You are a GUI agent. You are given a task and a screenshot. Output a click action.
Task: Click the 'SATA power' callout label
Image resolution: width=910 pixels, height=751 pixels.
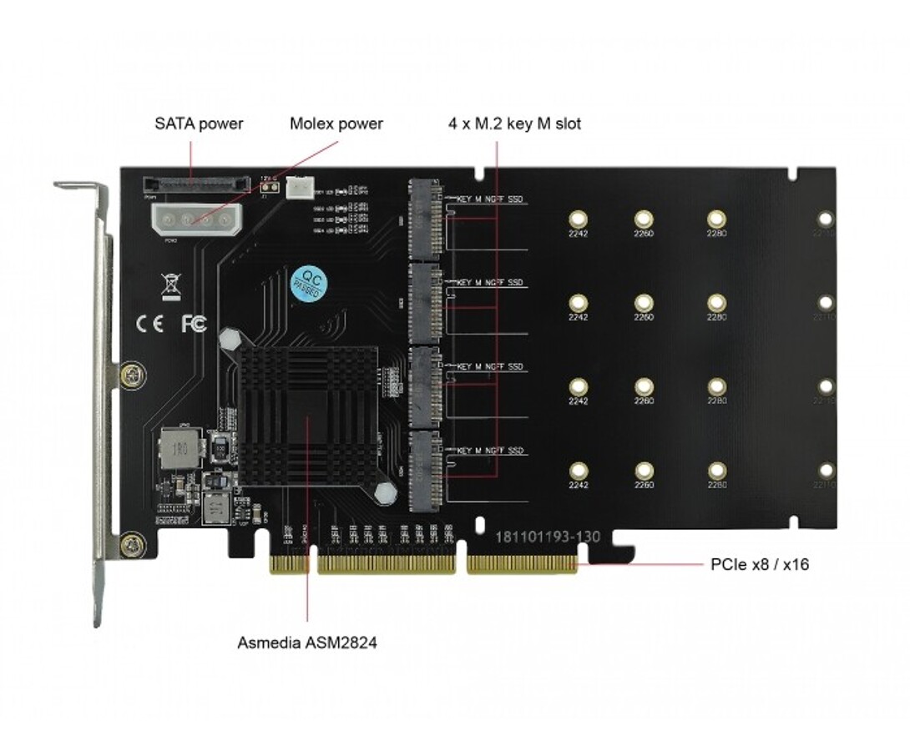pos(199,124)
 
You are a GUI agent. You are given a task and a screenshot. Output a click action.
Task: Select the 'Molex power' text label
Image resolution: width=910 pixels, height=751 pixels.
pos(336,124)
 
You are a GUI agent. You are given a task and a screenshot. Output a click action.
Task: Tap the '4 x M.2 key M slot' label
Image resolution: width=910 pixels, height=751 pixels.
pos(513,124)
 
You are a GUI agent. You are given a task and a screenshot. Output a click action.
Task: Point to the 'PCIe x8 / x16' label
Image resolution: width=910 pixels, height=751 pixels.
pos(759,565)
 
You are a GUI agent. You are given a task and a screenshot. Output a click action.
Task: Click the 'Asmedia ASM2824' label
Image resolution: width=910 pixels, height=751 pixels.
pos(306,643)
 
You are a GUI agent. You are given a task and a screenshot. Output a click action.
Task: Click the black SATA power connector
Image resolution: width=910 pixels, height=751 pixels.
pos(197,183)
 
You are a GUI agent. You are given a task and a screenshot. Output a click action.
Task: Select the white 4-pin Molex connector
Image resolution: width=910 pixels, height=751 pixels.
pos(191,219)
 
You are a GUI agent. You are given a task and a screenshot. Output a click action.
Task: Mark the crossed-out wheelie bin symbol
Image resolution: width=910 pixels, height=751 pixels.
pos(170,285)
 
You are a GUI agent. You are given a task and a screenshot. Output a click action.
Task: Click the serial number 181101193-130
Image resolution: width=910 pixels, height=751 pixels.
pos(548,537)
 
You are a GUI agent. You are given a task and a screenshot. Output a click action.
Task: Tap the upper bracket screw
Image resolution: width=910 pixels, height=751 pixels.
pos(131,375)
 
